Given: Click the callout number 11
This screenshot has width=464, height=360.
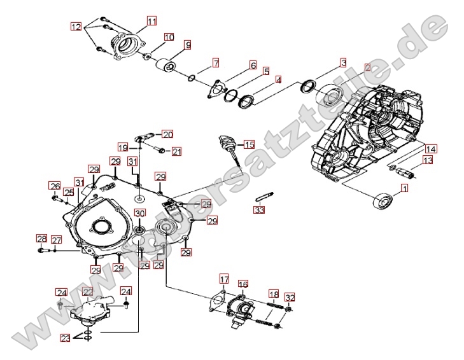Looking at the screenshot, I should point(151,21).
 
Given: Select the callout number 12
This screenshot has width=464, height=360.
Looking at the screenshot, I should point(76,27).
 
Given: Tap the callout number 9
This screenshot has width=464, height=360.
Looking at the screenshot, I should point(188,45).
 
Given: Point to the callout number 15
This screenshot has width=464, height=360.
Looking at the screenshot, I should point(249,145).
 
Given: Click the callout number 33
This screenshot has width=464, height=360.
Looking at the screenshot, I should point(258,210).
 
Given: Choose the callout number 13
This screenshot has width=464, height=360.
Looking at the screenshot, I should point(428,161).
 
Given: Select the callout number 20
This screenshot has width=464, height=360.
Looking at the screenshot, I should point(167,134).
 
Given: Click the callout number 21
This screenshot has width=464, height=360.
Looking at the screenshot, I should point(176,151).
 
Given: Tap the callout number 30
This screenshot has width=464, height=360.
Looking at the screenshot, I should point(139,213).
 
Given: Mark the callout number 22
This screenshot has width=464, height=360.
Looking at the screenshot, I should point(88,291).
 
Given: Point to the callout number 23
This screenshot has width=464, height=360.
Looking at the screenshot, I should point(66,338).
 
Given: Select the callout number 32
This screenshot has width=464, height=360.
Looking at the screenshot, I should point(290,297).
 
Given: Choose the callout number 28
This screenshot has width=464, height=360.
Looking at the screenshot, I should point(41,239).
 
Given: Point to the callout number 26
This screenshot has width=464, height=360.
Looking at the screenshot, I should point(55,186).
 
